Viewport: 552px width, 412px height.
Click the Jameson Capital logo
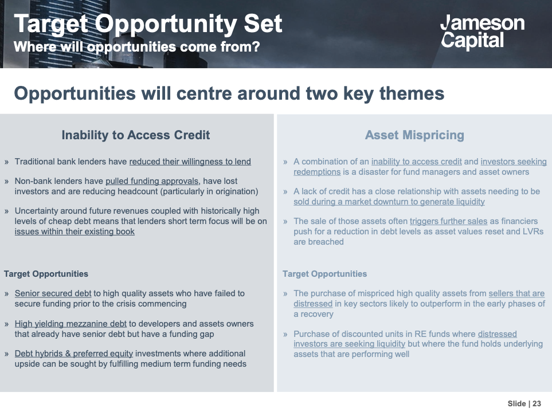(x=482, y=31)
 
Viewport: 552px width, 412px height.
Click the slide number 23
(x=537, y=403)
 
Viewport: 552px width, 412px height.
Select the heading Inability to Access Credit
(x=135, y=135)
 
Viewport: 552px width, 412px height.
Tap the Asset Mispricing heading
(x=414, y=135)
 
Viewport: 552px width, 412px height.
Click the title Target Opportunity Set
(x=148, y=23)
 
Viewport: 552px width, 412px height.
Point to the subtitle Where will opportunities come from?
(x=136, y=46)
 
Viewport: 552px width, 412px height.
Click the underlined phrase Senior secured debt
(x=53, y=293)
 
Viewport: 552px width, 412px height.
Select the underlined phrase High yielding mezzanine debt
(x=71, y=324)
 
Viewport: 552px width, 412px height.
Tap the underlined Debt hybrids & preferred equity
(x=73, y=354)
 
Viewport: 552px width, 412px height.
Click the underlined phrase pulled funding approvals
(x=152, y=181)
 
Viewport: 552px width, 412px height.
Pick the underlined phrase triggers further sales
(x=448, y=221)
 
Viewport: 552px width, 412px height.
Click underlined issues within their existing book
(x=75, y=231)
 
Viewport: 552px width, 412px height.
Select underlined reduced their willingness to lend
(x=190, y=162)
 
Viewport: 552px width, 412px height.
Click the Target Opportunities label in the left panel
(x=46, y=274)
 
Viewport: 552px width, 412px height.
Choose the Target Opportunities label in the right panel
(x=324, y=274)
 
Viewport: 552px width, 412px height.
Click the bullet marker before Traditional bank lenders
(x=6, y=162)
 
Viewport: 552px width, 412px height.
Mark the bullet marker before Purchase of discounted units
(x=285, y=334)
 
